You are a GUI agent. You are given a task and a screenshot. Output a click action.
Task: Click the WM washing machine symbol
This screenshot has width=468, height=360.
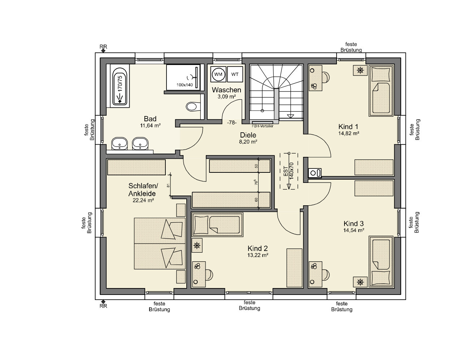point(218,74)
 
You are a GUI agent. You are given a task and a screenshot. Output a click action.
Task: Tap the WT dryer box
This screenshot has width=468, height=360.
point(235,74)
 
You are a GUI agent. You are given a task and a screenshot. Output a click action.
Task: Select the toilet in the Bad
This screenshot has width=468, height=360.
point(193,107)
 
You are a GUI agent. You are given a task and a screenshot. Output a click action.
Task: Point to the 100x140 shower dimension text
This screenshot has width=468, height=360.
point(185,85)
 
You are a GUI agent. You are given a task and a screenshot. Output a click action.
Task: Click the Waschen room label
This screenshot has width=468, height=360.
point(226,90)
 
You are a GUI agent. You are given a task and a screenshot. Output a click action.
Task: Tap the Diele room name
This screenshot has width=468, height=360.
point(248,135)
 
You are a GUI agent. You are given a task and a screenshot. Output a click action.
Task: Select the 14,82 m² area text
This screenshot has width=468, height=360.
point(348,133)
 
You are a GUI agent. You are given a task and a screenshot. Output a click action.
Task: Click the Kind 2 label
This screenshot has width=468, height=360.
point(257,249)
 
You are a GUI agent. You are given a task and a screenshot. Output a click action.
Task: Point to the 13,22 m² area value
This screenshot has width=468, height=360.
point(257,256)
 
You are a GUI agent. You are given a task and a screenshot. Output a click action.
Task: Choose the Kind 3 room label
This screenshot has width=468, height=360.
point(354,223)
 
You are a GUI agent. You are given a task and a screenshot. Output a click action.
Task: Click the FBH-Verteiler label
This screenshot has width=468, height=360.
point(263,126)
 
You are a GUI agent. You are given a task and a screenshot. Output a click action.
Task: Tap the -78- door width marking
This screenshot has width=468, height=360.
point(232,123)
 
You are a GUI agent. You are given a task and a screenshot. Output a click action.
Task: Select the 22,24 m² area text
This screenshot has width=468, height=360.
point(143,201)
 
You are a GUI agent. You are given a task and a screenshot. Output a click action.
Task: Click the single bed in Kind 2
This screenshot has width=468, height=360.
point(217,225)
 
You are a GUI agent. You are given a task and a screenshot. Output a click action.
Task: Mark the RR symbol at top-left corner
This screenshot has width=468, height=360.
point(103,49)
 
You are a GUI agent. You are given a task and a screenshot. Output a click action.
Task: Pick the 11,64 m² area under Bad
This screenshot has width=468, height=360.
point(150,125)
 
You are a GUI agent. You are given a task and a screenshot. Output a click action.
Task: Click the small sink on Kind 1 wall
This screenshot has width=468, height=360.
point(315,173)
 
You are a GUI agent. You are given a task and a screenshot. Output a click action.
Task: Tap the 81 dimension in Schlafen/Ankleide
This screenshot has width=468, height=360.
point(168,185)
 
